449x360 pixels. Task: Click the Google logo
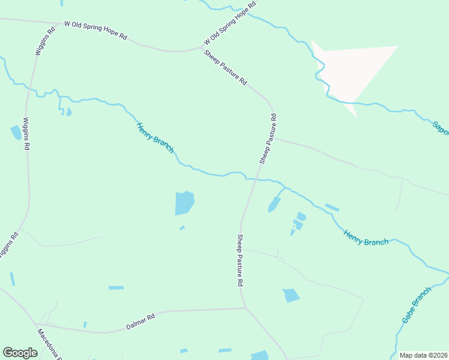pos(20,352)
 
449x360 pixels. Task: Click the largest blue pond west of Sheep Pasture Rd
pos(184,203)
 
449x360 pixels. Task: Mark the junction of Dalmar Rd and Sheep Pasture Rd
pos(246,308)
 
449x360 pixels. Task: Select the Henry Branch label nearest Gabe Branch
pos(366,237)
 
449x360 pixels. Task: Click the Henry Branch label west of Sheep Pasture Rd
pos(155,137)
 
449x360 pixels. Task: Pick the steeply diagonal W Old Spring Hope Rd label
pos(230,23)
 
